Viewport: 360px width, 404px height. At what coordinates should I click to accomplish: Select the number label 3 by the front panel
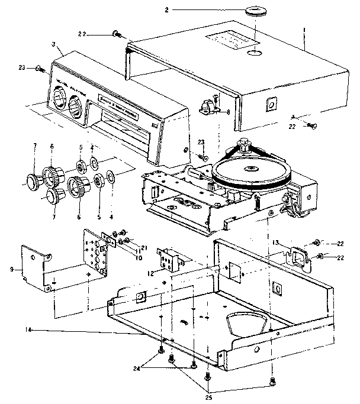(54, 44)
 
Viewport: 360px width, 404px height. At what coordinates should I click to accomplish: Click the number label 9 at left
(12, 270)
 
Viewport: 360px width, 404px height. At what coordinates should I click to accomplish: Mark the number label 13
(275, 242)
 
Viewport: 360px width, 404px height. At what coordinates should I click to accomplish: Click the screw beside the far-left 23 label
(41, 69)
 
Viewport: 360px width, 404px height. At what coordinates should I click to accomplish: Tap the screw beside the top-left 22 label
(115, 34)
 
